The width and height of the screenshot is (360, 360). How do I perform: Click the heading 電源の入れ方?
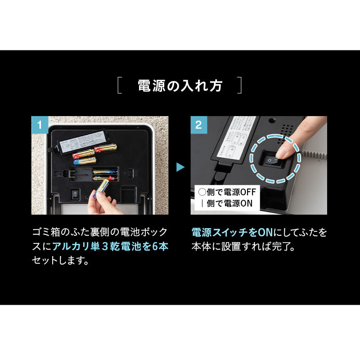click(180, 85)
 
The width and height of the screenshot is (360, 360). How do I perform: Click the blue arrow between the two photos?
click(180, 167)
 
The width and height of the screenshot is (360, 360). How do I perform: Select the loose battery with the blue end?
click(85, 161)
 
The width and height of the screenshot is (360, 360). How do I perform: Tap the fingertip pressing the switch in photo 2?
click(285, 148)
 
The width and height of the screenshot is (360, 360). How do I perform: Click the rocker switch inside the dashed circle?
click(270, 160)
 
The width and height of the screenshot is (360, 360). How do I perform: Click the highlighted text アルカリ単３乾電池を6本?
click(110, 246)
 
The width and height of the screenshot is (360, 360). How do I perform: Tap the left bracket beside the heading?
click(119, 85)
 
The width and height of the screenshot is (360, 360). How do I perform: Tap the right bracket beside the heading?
click(240, 85)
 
